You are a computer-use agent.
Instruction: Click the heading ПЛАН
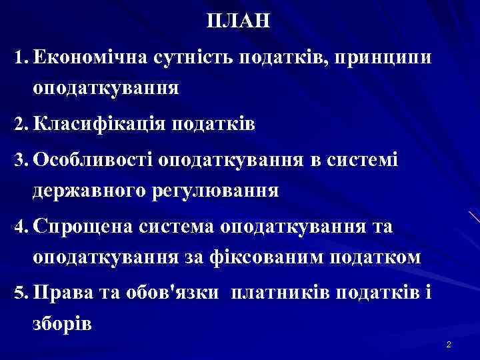pyautogui.click(x=239, y=21)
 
